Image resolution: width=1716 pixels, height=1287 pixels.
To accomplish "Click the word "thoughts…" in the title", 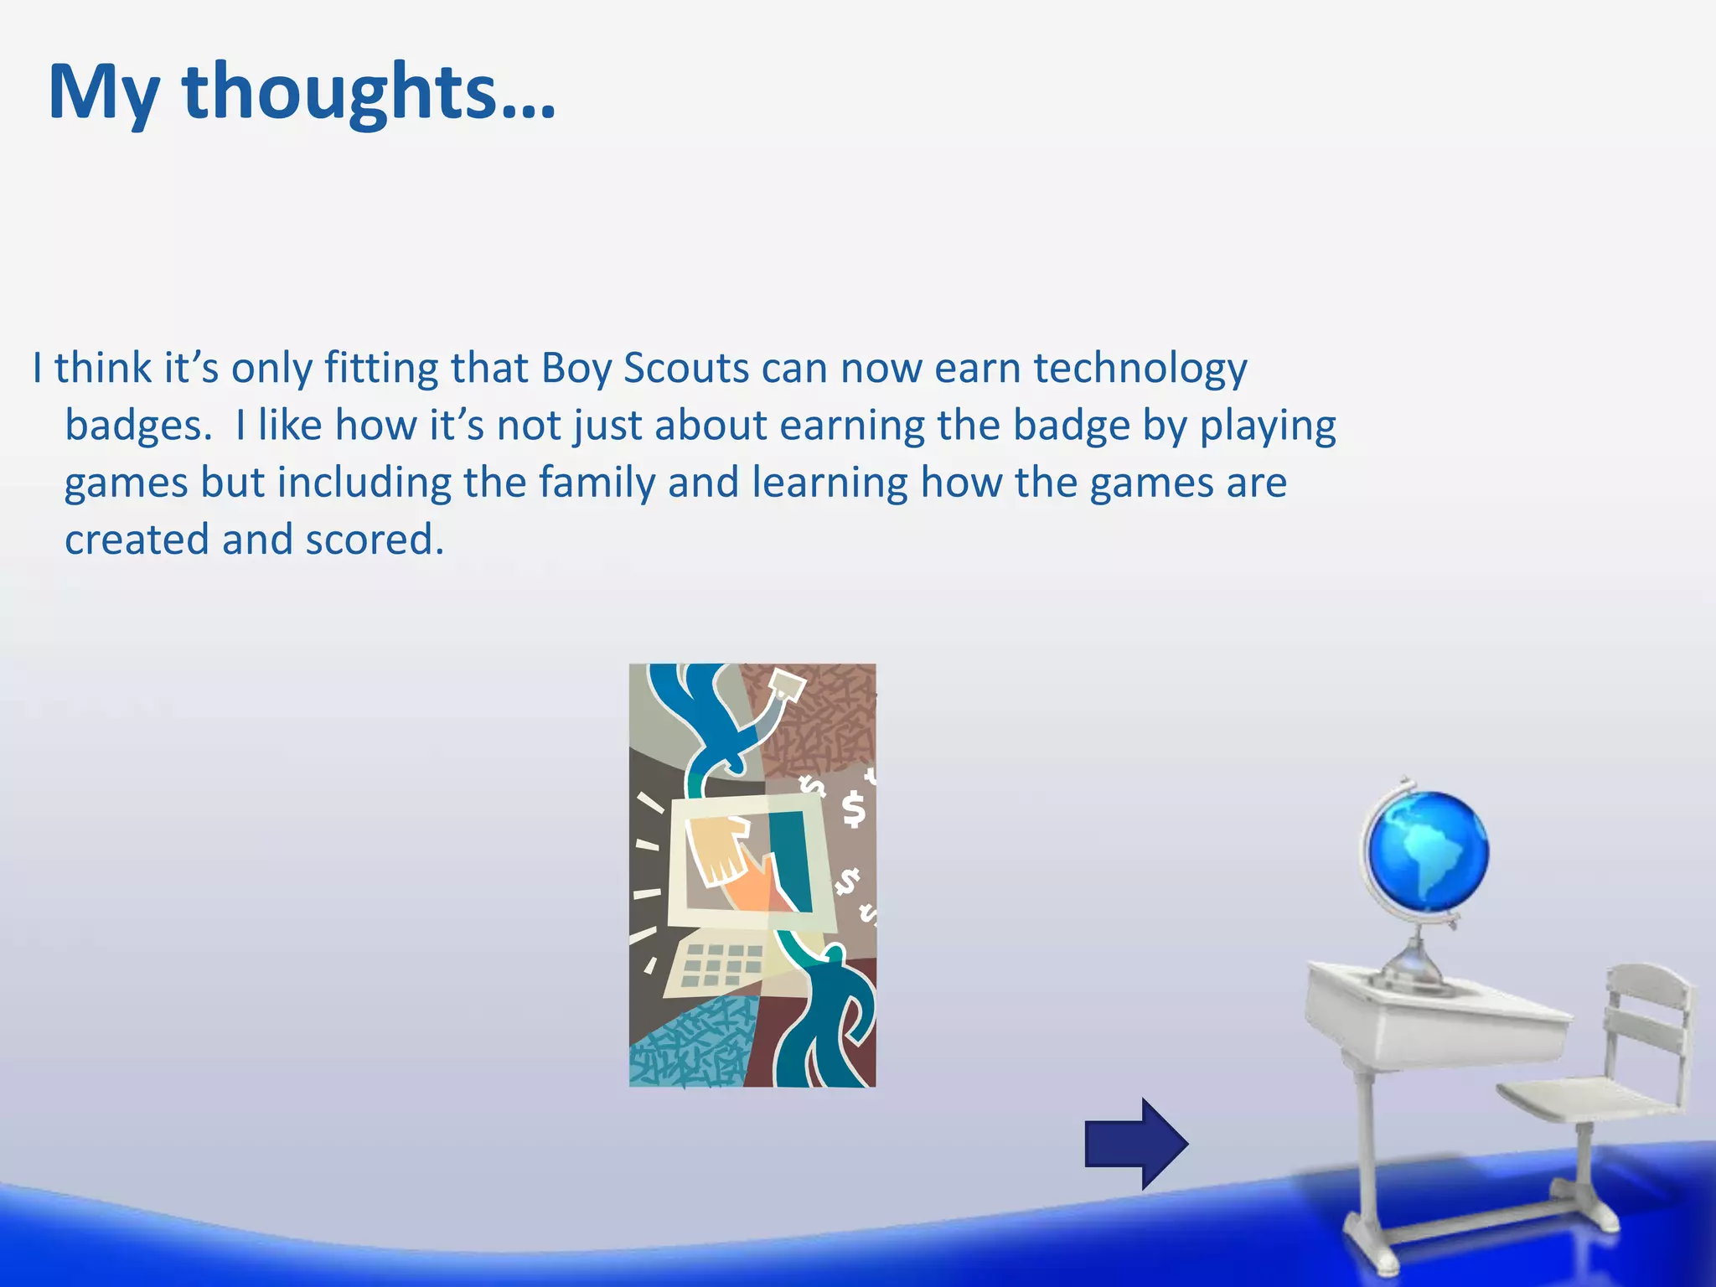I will point(369,92).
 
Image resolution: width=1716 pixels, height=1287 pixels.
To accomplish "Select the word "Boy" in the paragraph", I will point(576,369).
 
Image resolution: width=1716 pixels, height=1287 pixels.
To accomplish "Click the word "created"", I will point(137,540).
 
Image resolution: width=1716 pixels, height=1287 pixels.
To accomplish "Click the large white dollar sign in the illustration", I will point(853,809).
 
